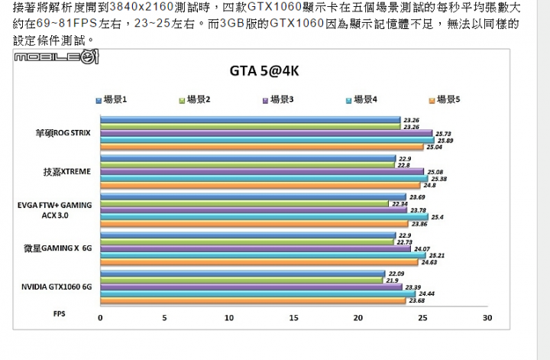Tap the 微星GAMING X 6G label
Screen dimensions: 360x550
coord(57,248)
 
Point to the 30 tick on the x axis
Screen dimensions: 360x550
coord(487,318)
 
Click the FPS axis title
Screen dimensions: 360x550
coord(59,313)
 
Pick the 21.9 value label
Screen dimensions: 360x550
coord(393,281)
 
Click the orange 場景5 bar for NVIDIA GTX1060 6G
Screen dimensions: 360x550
coord(252,300)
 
